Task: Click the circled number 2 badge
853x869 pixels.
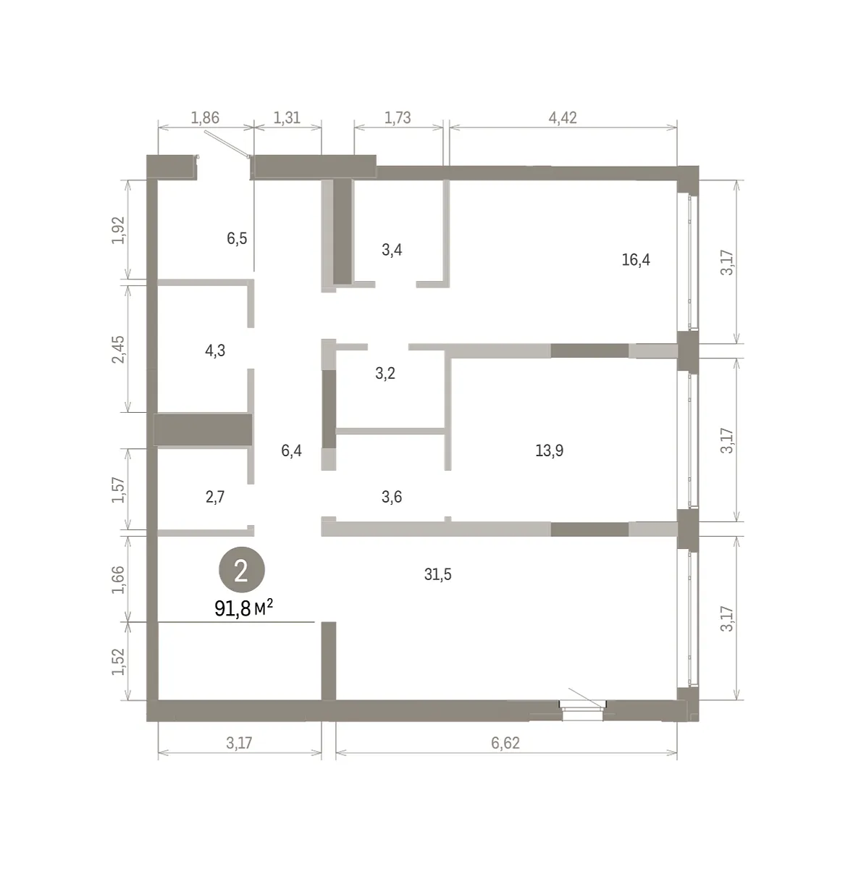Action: [241, 571]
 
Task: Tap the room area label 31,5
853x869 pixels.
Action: [437, 574]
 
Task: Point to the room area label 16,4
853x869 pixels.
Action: [636, 260]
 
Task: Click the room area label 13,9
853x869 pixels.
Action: [549, 450]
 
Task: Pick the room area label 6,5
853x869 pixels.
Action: [237, 238]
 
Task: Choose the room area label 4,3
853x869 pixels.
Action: [215, 350]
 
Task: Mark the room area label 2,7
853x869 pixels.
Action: [215, 498]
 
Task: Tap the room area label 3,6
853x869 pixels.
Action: [392, 497]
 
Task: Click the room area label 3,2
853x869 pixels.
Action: [385, 374]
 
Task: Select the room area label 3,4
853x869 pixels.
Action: [392, 250]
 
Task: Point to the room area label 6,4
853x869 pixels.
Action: [291, 450]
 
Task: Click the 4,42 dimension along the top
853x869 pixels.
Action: [563, 118]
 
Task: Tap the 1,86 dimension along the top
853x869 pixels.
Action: [205, 118]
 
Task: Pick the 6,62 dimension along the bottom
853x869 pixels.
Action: [505, 743]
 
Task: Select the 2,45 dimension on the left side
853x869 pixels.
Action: [119, 349]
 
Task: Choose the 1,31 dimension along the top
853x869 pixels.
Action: [287, 118]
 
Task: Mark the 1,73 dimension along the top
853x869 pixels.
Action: [398, 118]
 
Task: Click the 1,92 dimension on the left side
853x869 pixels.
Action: [119, 230]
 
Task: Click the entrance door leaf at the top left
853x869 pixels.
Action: [227, 144]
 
